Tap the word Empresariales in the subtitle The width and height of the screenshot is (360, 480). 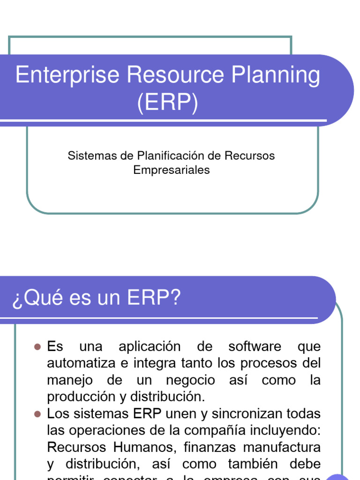click(x=172, y=170)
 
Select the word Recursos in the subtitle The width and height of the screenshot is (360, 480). click(x=250, y=155)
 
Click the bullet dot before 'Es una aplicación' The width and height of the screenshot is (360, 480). click(x=38, y=347)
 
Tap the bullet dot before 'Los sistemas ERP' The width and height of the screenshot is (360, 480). click(x=38, y=414)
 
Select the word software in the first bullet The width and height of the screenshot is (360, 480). click(x=255, y=347)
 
